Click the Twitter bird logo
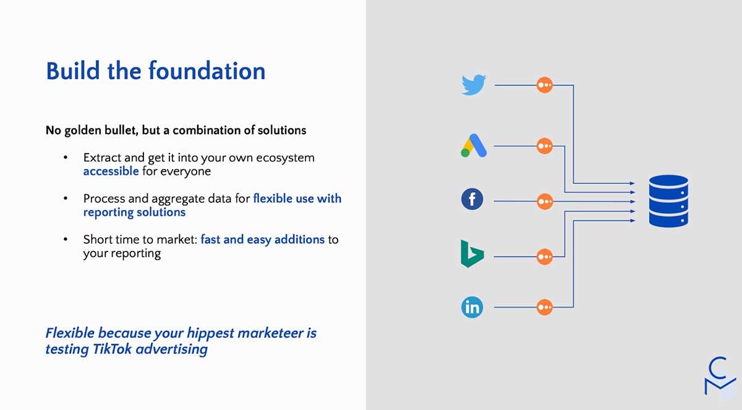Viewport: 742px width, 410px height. [x=474, y=85]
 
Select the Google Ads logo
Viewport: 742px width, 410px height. [x=474, y=146]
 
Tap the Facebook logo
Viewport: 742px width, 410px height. [x=472, y=199]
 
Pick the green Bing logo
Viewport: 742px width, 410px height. [x=472, y=254]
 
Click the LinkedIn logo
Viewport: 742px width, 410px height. [x=472, y=307]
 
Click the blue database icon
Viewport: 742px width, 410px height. [x=668, y=201]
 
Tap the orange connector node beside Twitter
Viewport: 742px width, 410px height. [x=545, y=85]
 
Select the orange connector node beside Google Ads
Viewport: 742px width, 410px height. [x=545, y=146]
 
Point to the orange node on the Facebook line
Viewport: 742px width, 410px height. [x=545, y=201]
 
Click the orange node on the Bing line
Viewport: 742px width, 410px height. [x=545, y=256]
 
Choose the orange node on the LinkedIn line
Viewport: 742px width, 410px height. [x=545, y=307]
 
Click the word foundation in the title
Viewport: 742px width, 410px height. [x=207, y=71]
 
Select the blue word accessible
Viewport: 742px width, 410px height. [x=111, y=171]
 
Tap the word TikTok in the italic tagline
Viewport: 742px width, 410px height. [x=113, y=349]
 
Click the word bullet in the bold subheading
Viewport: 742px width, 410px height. [x=121, y=130]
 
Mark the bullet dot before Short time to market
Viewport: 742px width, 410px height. [x=66, y=239]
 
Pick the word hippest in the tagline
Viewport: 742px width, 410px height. [x=210, y=333]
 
